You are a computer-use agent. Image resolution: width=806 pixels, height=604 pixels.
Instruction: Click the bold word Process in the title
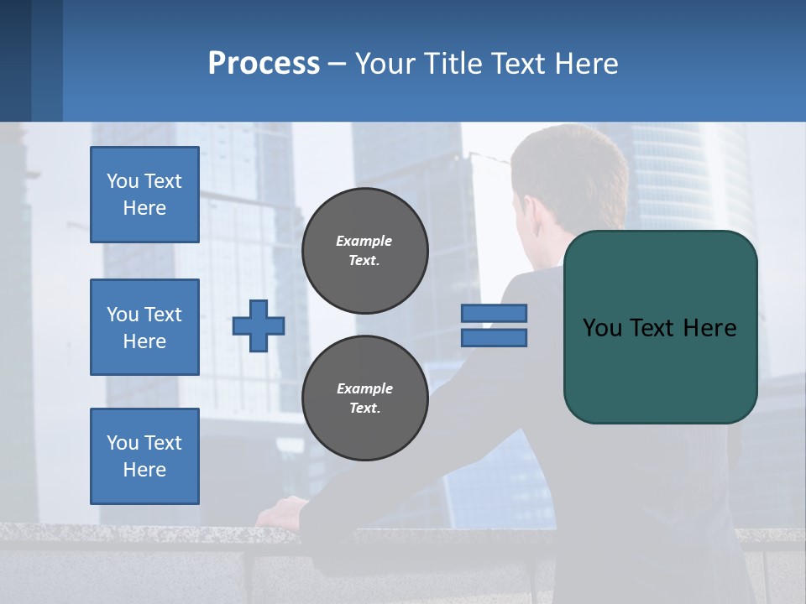tap(264, 64)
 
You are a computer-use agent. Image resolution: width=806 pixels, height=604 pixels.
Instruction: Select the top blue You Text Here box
tap(144, 195)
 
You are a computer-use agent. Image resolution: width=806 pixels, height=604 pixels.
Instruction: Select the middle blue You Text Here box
tap(144, 327)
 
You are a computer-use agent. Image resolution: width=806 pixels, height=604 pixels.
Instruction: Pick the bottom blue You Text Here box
tap(144, 456)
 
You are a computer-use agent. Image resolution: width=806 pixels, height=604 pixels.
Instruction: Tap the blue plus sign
tap(259, 325)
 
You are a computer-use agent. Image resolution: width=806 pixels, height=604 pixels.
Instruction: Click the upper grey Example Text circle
tap(364, 250)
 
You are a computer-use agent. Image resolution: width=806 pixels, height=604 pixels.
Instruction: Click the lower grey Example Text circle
tap(364, 398)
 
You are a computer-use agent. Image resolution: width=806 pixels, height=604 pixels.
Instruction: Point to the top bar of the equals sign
tap(494, 314)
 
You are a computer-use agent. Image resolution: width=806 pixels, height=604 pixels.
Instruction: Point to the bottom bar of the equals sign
tap(494, 338)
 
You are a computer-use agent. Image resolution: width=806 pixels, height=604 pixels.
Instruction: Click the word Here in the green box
tap(709, 328)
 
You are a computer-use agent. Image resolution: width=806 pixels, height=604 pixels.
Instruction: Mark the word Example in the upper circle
tap(364, 241)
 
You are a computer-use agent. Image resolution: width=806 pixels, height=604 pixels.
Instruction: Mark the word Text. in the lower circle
tap(364, 408)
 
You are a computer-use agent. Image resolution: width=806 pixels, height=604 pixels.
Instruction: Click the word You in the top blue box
tap(123, 181)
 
